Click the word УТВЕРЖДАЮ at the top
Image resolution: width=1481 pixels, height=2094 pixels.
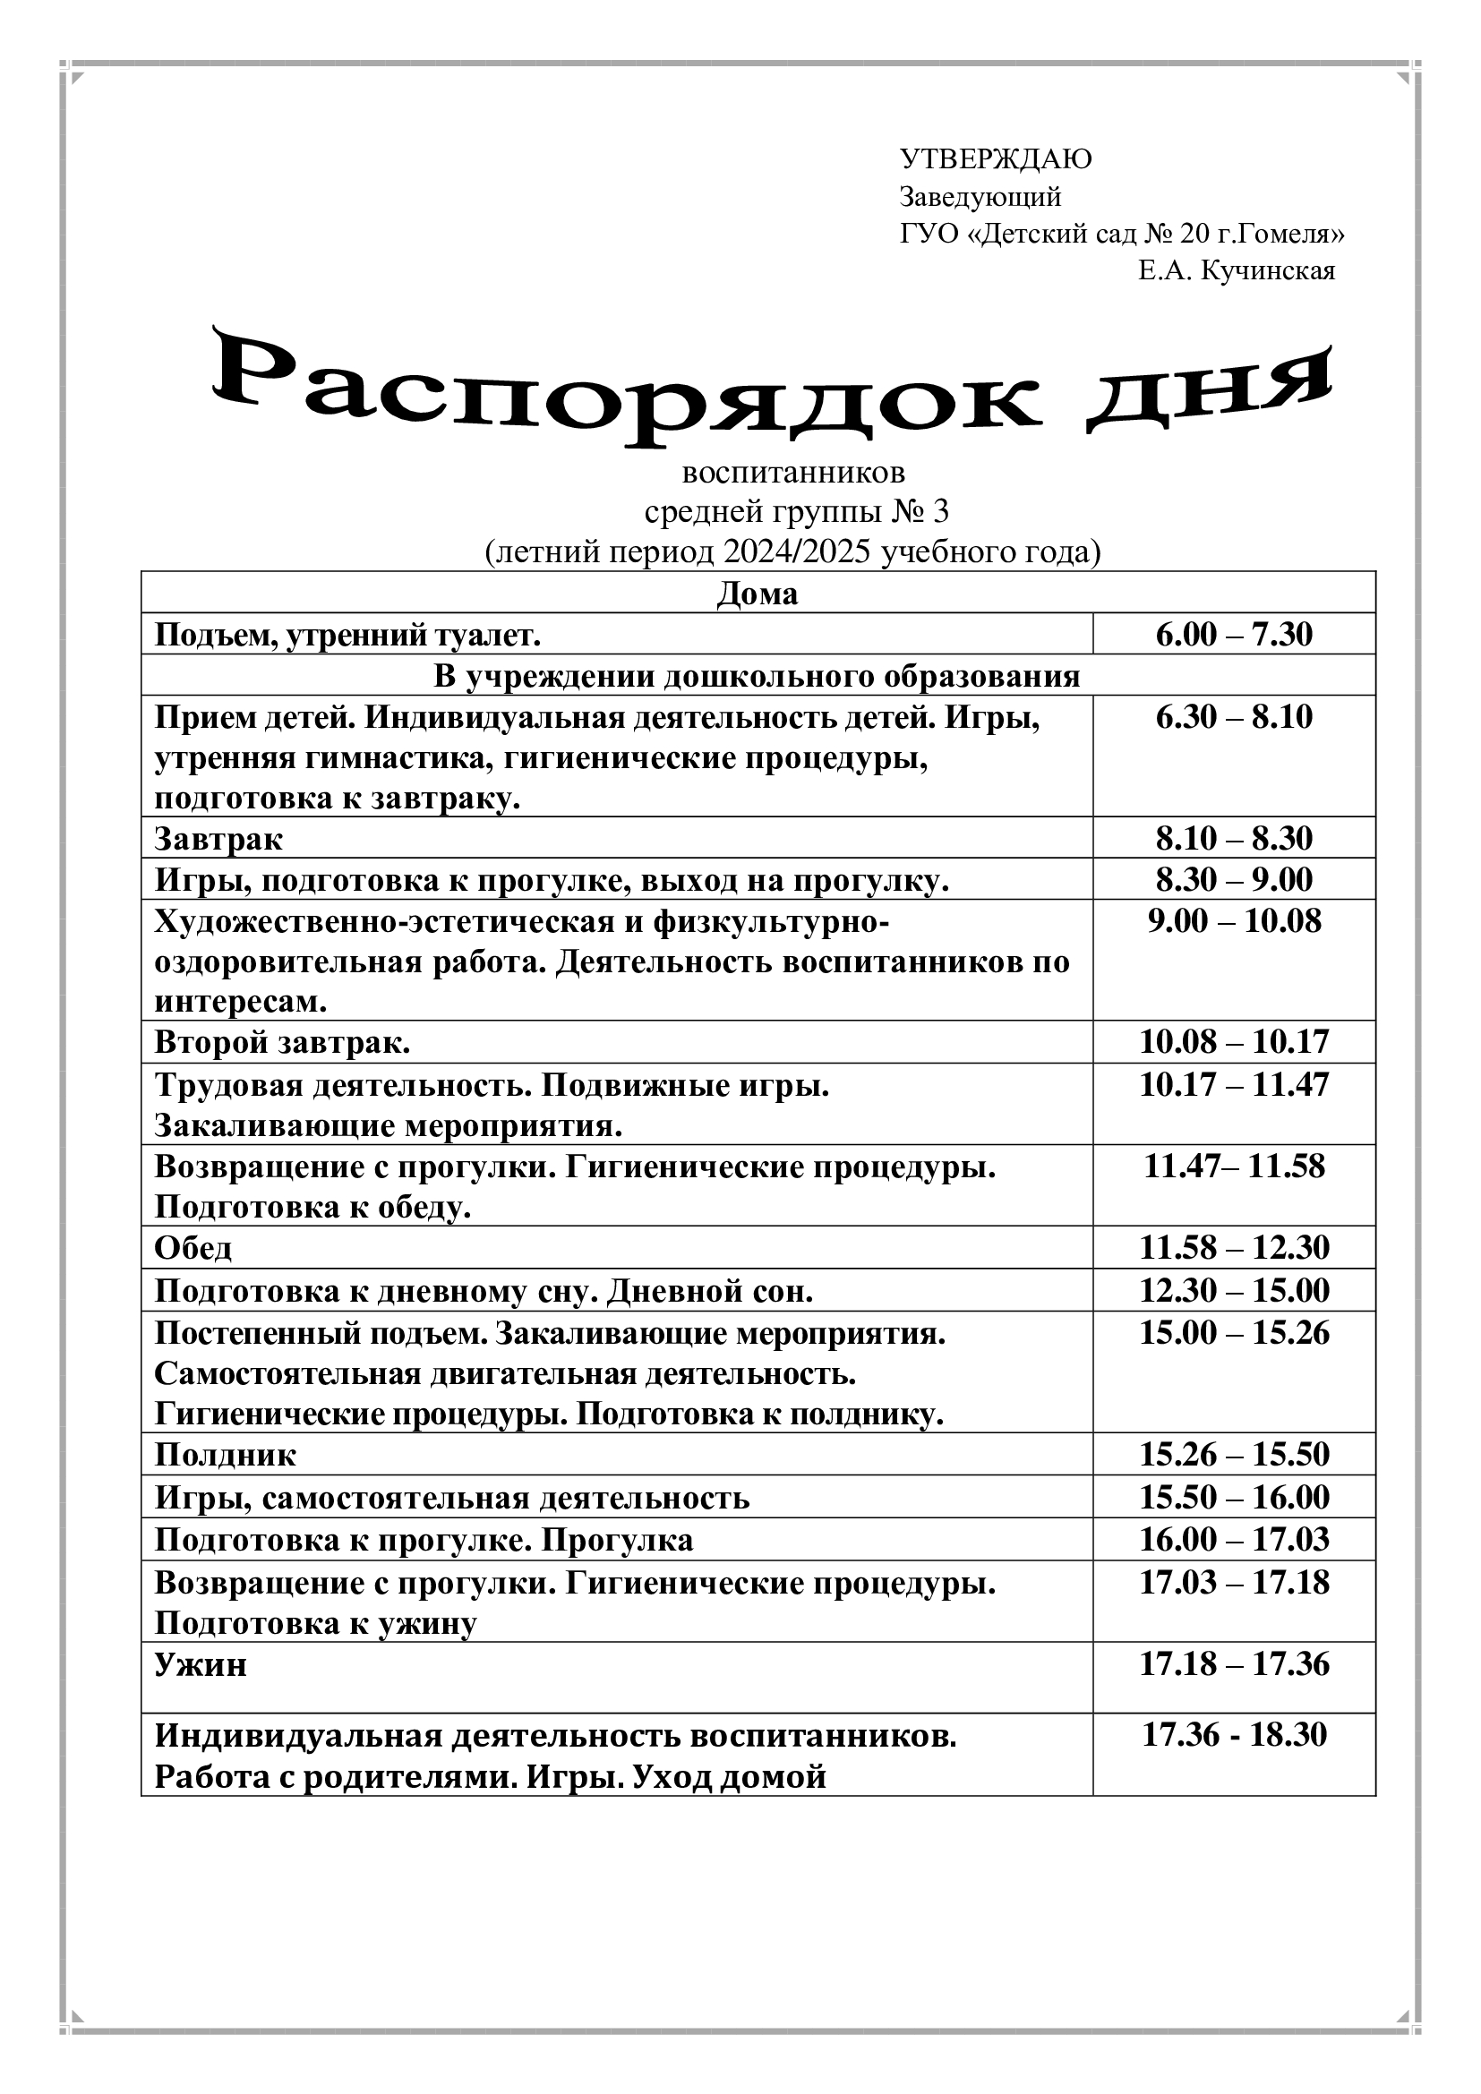pyautogui.click(x=996, y=159)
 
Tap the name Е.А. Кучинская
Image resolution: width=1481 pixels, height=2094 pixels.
pyautogui.click(x=1236, y=271)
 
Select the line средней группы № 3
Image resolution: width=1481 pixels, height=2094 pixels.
pyautogui.click(x=796, y=512)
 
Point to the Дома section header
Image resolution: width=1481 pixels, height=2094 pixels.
pyautogui.click(x=757, y=594)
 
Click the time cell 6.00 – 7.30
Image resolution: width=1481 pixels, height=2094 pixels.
pyautogui.click(x=1233, y=634)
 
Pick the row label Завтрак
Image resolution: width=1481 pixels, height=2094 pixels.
pyautogui.click(x=218, y=838)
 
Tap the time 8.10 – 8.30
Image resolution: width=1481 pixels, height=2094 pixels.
pyautogui.click(x=1233, y=838)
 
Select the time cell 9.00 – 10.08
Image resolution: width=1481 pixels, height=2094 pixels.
pyautogui.click(x=1233, y=921)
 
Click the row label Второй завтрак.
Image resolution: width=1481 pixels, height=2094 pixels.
pyautogui.click(x=283, y=1041)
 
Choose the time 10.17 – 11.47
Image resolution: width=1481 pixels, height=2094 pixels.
pyautogui.click(x=1233, y=1084)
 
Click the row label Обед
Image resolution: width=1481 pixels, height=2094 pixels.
pyautogui.click(x=193, y=1247)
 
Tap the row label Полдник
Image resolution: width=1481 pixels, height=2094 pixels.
pyautogui.click(x=226, y=1455)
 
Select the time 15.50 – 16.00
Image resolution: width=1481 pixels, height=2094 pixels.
pyautogui.click(x=1233, y=1497)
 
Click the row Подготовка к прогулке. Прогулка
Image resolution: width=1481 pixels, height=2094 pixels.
pyautogui.click(x=424, y=1540)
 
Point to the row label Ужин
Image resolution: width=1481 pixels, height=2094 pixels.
pyautogui.click(x=201, y=1664)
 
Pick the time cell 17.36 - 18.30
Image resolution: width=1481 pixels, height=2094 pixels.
pyautogui.click(x=1233, y=1734)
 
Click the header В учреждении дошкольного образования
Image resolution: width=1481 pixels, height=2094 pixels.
pyautogui.click(x=757, y=676)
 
